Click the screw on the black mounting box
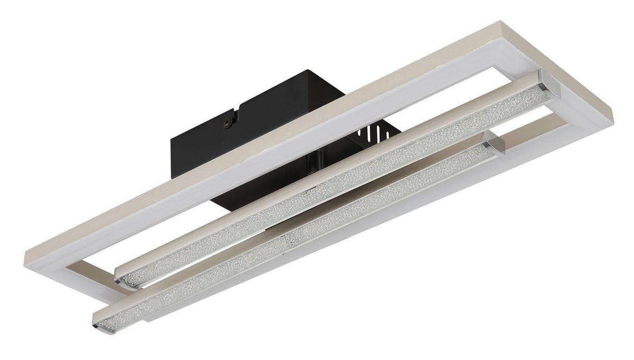click(x=228, y=123)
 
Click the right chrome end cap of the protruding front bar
click(x=497, y=143)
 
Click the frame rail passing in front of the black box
click(x=211, y=174)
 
